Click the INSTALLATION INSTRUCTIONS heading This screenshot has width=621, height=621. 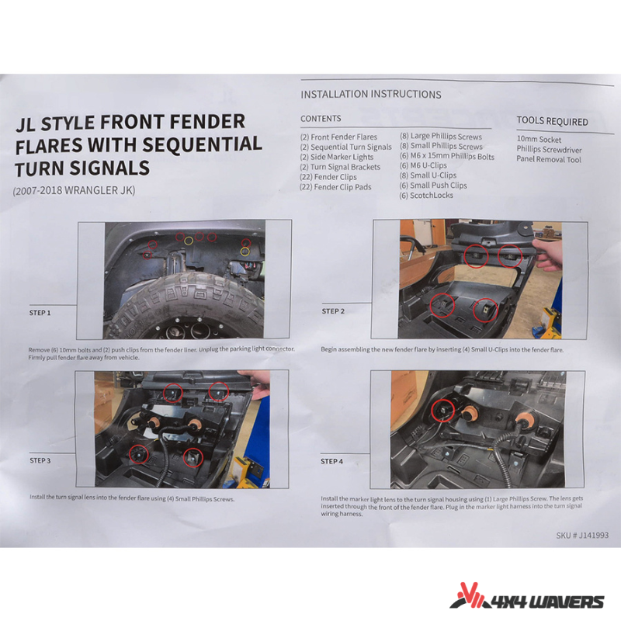click(371, 94)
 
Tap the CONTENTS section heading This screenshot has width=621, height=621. click(321, 119)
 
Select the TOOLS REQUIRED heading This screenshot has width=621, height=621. click(552, 121)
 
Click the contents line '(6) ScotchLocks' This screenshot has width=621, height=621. click(426, 196)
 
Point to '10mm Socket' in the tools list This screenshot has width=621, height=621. click(539, 140)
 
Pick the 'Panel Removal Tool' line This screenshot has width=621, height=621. click(549, 159)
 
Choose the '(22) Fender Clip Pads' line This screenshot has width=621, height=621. click(335, 187)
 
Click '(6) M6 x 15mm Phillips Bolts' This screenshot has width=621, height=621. click(447, 156)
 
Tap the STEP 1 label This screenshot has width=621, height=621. click(40, 313)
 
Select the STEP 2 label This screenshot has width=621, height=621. click(333, 311)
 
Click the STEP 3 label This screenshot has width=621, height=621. click(40, 460)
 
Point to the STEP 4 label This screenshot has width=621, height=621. click(332, 461)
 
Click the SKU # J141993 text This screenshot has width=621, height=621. click(582, 536)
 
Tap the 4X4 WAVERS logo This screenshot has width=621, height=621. click(527, 596)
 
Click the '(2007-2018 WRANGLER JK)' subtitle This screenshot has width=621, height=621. click(74, 190)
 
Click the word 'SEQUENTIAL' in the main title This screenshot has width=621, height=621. click(202, 144)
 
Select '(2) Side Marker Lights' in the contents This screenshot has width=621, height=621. click(337, 157)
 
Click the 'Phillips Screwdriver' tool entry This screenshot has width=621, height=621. click(549, 149)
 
